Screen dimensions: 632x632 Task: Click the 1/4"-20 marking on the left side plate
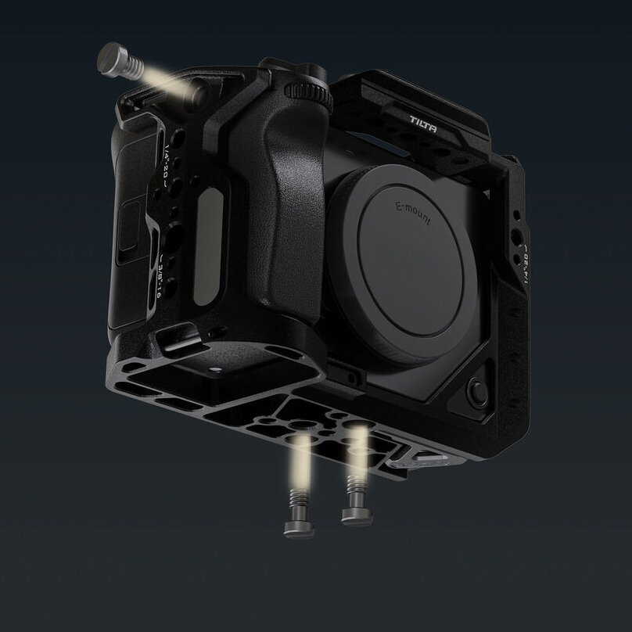point(167,166)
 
